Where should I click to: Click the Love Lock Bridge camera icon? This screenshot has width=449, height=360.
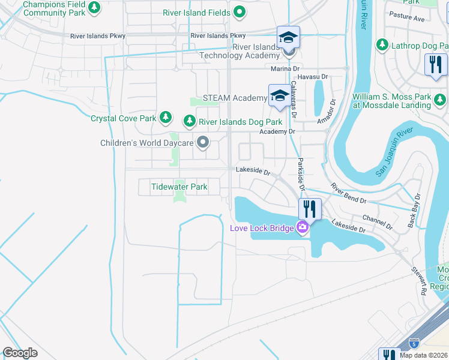(302, 227)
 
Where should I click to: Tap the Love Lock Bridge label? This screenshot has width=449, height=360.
(262, 227)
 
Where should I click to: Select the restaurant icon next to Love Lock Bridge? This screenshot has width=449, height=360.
(309, 209)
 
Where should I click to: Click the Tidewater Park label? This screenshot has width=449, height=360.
(179, 187)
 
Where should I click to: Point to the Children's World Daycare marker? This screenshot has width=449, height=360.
(203, 142)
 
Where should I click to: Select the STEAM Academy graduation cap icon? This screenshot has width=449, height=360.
(279, 95)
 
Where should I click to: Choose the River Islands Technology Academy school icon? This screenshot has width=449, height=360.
(289, 38)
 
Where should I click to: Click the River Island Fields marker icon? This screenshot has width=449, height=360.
(240, 12)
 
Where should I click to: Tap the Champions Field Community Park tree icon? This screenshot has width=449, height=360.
(94, 8)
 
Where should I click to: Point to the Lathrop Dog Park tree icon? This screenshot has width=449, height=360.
(382, 44)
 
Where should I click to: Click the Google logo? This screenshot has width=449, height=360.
(20, 353)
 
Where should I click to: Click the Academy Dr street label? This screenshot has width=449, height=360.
(277, 131)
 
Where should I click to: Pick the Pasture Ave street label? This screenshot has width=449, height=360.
(423, 19)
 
